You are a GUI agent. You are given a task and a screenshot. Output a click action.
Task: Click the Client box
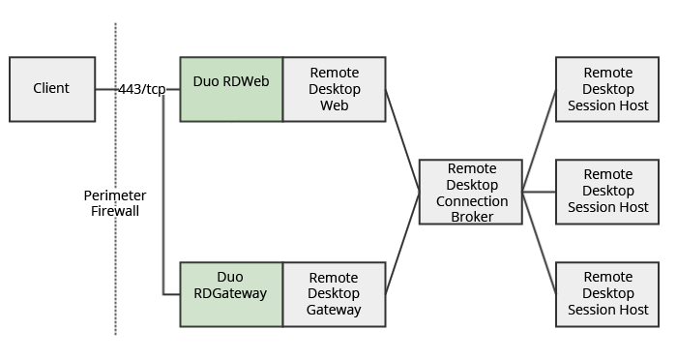(52, 89)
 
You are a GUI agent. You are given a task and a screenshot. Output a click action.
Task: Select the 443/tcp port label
(141, 89)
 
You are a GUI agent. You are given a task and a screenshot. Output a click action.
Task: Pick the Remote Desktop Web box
(334, 89)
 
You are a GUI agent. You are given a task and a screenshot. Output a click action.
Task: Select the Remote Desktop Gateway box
(334, 293)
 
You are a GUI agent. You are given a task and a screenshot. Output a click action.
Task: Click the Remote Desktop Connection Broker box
(471, 192)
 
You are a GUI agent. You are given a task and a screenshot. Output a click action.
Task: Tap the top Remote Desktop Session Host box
(607, 89)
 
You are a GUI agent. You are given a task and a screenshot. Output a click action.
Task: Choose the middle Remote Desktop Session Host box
(607, 192)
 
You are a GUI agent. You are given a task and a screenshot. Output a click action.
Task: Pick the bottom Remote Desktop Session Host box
(607, 293)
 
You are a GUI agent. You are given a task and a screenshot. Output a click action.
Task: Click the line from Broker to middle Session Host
(539, 192)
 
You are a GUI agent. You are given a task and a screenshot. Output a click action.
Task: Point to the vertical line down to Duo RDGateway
(162, 194)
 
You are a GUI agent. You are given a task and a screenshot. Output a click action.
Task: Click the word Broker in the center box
(471, 217)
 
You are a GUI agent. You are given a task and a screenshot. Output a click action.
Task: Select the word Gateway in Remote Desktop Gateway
(334, 310)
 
